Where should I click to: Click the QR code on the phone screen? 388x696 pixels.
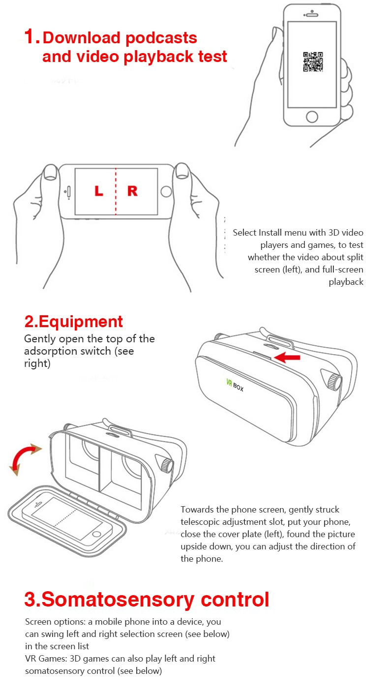tap(313, 61)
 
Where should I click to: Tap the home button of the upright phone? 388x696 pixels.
tap(312, 117)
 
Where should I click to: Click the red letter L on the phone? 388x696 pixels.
tap(99, 190)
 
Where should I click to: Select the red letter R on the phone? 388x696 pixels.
tap(132, 191)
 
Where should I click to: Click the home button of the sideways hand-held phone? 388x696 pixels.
tap(166, 191)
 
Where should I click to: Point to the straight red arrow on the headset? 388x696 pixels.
tap(287, 357)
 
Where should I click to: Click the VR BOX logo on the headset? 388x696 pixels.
tap(235, 385)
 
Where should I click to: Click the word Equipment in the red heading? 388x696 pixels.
tap(81, 322)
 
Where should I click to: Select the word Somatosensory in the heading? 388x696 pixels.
tap(118, 599)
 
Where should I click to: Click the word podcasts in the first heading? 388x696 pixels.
tap(161, 38)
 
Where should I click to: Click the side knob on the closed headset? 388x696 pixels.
tap(334, 382)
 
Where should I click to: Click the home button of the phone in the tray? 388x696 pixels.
tap(97, 534)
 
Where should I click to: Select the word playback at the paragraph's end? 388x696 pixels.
tap(346, 282)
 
